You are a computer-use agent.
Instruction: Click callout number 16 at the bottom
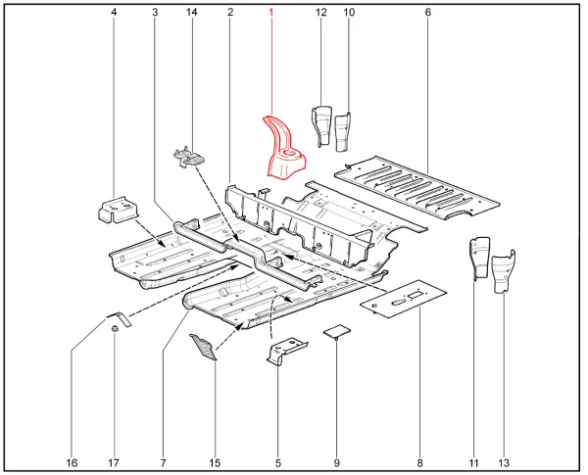click(x=72, y=461)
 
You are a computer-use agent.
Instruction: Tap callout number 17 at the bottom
click(x=114, y=461)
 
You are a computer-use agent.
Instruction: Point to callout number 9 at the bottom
click(x=336, y=461)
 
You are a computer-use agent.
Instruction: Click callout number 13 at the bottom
click(x=503, y=461)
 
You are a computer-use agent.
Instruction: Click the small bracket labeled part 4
click(x=117, y=209)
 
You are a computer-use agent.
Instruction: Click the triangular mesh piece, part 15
click(x=205, y=346)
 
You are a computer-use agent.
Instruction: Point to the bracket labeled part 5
click(x=285, y=351)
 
